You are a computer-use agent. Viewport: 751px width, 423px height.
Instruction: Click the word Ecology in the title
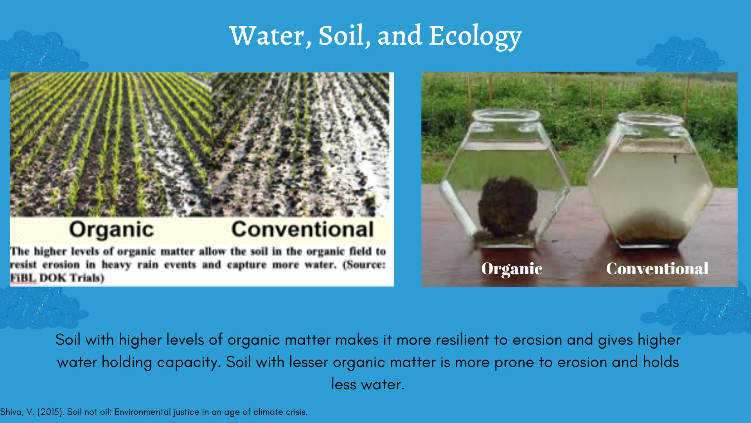(x=475, y=36)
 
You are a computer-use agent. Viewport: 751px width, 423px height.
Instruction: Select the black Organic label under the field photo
(x=111, y=230)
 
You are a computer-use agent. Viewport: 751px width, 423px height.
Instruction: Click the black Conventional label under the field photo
(x=302, y=229)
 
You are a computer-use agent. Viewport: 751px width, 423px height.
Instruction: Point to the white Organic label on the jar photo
(x=512, y=269)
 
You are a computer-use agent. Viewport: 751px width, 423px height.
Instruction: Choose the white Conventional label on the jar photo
(x=657, y=269)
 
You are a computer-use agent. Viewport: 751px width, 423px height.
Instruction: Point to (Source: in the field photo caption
(x=364, y=265)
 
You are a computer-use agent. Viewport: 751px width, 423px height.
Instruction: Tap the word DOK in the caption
(x=53, y=278)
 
